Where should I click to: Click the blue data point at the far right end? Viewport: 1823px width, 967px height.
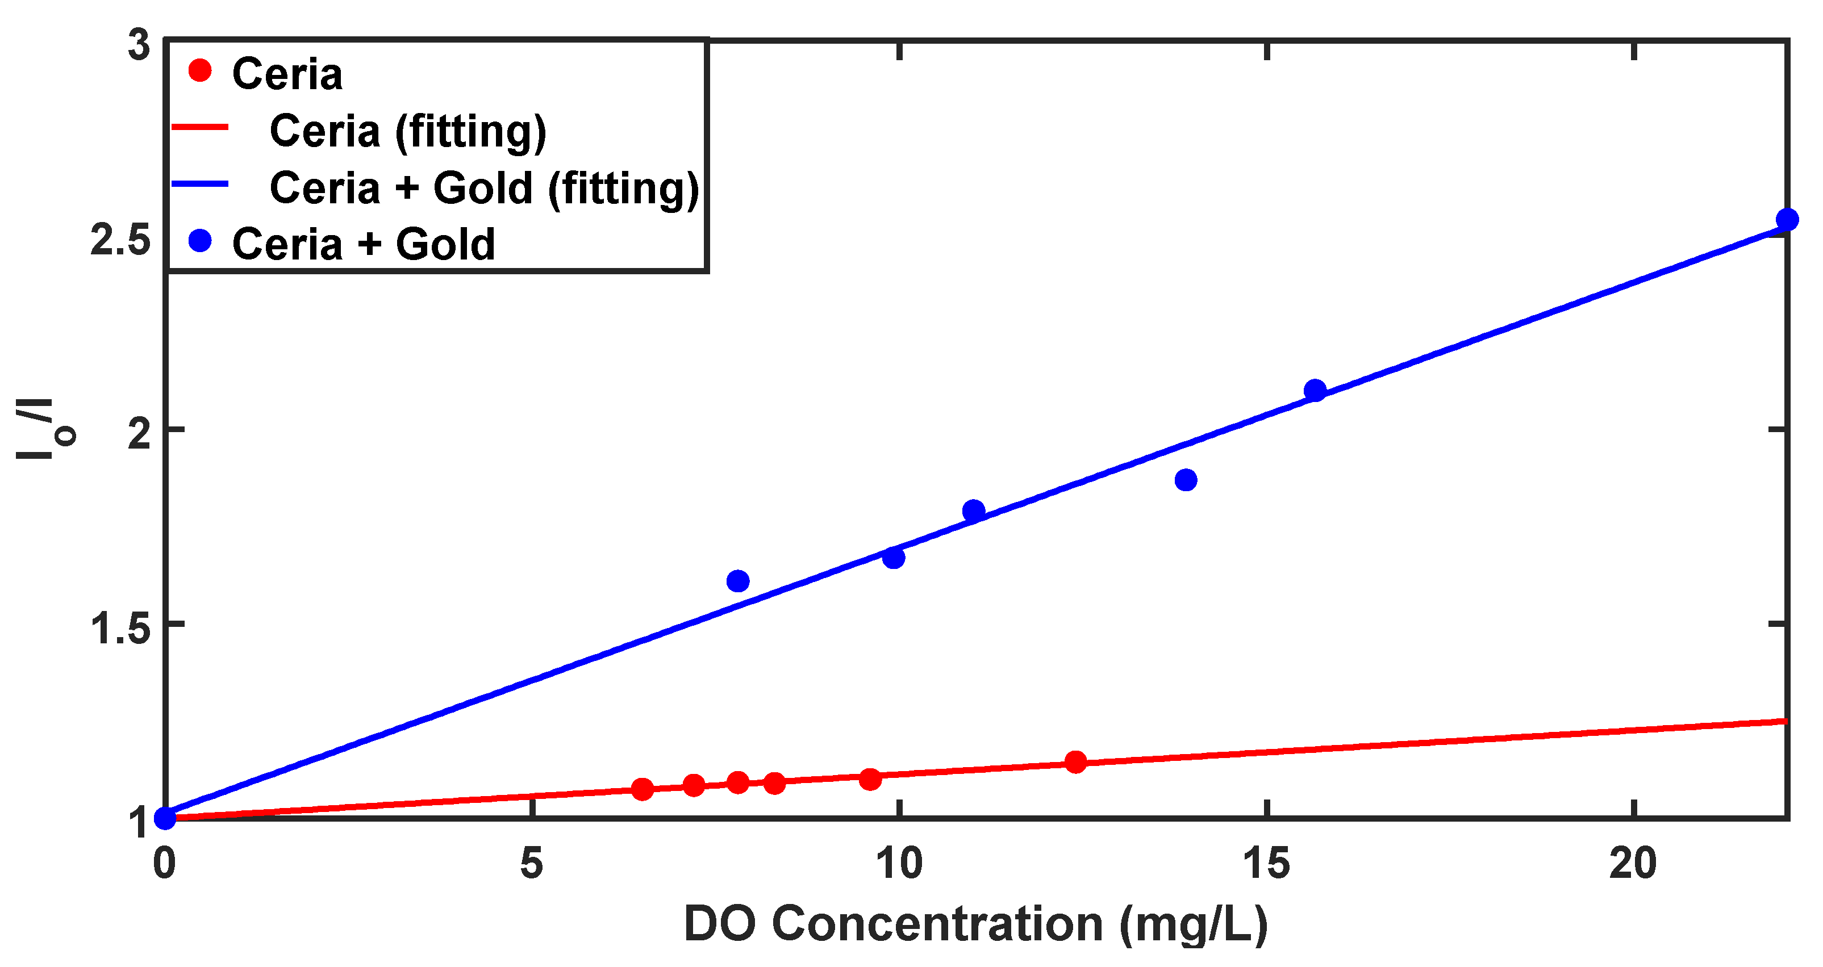[x=1787, y=219]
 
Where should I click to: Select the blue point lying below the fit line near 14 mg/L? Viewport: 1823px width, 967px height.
[x=1186, y=480]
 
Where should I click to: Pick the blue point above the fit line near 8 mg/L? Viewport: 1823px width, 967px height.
[x=738, y=581]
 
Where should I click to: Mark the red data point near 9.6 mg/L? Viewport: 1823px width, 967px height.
[x=870, y=780]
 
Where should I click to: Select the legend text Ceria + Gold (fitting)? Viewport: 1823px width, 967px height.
[x=484, y=188]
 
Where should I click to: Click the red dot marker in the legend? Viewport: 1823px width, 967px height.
[x=201, y=71]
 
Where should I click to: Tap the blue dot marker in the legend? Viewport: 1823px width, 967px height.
[x=201, y=242]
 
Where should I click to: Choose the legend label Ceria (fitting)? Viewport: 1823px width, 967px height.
[x=408, y=132]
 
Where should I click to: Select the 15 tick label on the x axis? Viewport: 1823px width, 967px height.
[x=1267, y=864]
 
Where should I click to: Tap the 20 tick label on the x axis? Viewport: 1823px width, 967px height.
[x=1633, y=864]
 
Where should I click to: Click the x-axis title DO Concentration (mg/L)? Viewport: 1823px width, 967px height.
[x=975, y=924]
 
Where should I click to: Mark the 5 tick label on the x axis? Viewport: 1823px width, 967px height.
[x=532, y=864]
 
